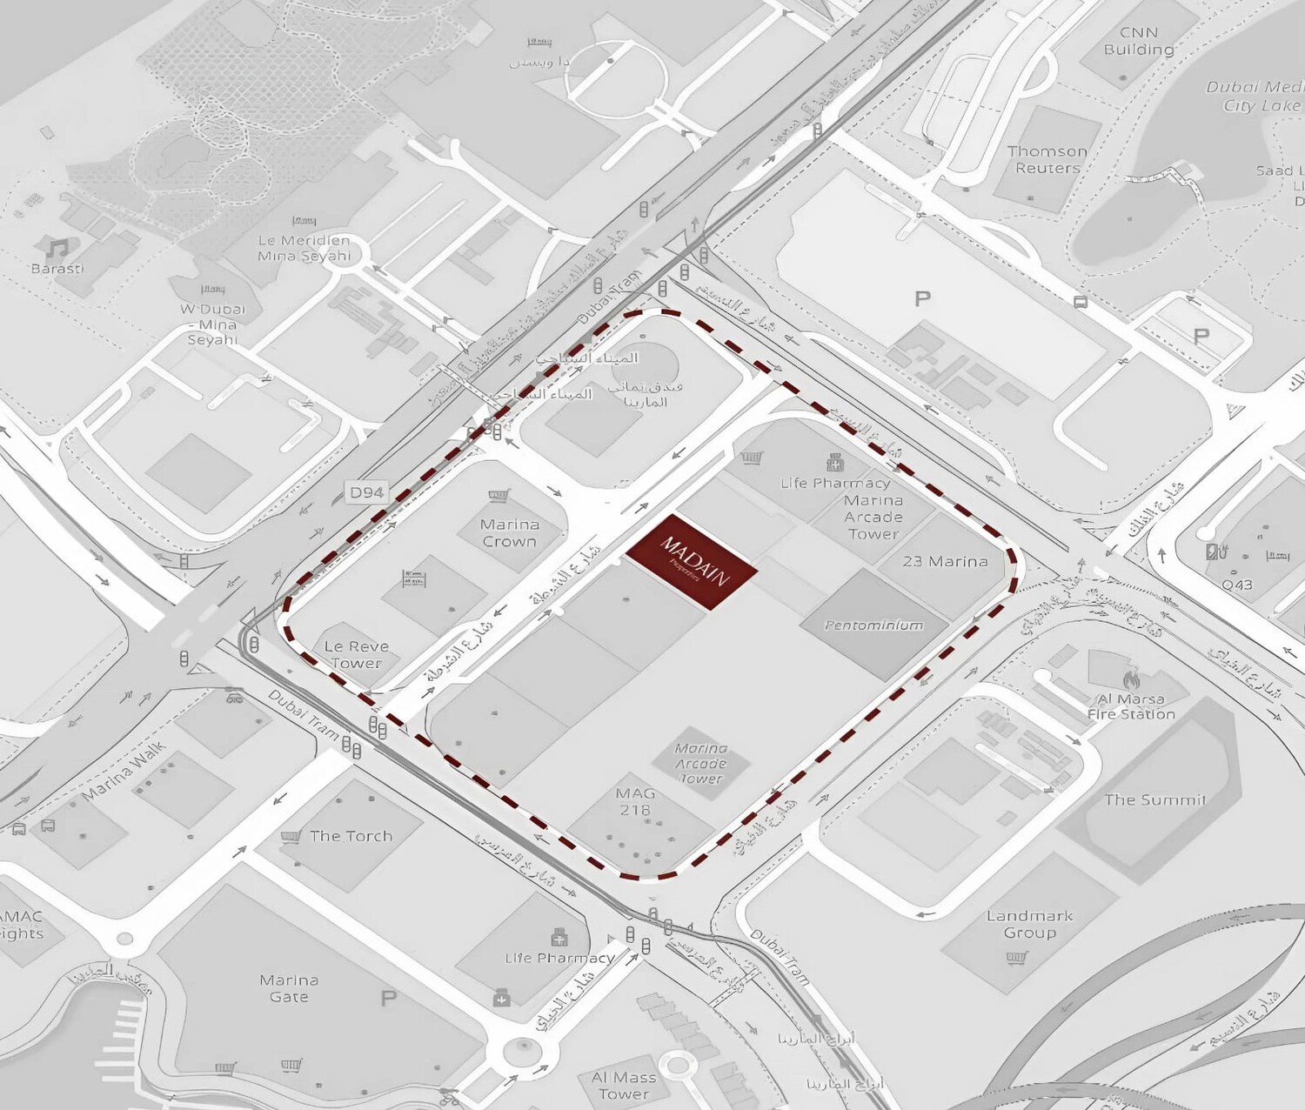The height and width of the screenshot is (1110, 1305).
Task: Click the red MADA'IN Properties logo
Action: (x=692, y=561)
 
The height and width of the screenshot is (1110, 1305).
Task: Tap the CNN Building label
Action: (x=1139, y=41)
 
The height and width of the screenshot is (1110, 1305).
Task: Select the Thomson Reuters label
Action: (x=1047, y=159)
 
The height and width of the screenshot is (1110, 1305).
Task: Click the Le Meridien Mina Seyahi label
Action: (x=304, y=248)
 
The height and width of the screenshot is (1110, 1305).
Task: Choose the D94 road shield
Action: (x=366, y=492)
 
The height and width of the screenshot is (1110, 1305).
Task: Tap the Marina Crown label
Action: (x=510, y=532)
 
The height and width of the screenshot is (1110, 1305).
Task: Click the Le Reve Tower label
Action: (x=357, y=654)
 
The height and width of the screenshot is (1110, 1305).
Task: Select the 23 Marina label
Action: (x=945, y=561)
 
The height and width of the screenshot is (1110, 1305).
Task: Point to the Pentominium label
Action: (x=873, y=625)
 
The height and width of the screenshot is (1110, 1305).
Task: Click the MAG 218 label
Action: (x=635, y=801)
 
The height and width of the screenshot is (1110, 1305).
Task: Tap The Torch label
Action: (x=351, y=836)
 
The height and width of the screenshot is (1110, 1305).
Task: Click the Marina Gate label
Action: (x=289, y=988)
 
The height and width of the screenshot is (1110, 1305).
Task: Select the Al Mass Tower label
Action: (x=624, y=1086)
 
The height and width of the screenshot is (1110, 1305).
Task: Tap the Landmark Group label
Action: (x=1029, y=924)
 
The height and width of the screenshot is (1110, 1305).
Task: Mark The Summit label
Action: (x=1154, y=799)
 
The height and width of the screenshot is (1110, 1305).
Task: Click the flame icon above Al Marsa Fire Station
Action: (x=1131, y=679)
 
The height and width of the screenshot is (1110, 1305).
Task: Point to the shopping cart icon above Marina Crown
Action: (x=498, y=497)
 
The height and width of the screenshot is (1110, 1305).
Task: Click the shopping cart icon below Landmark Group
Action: (x=1015, y=958)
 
